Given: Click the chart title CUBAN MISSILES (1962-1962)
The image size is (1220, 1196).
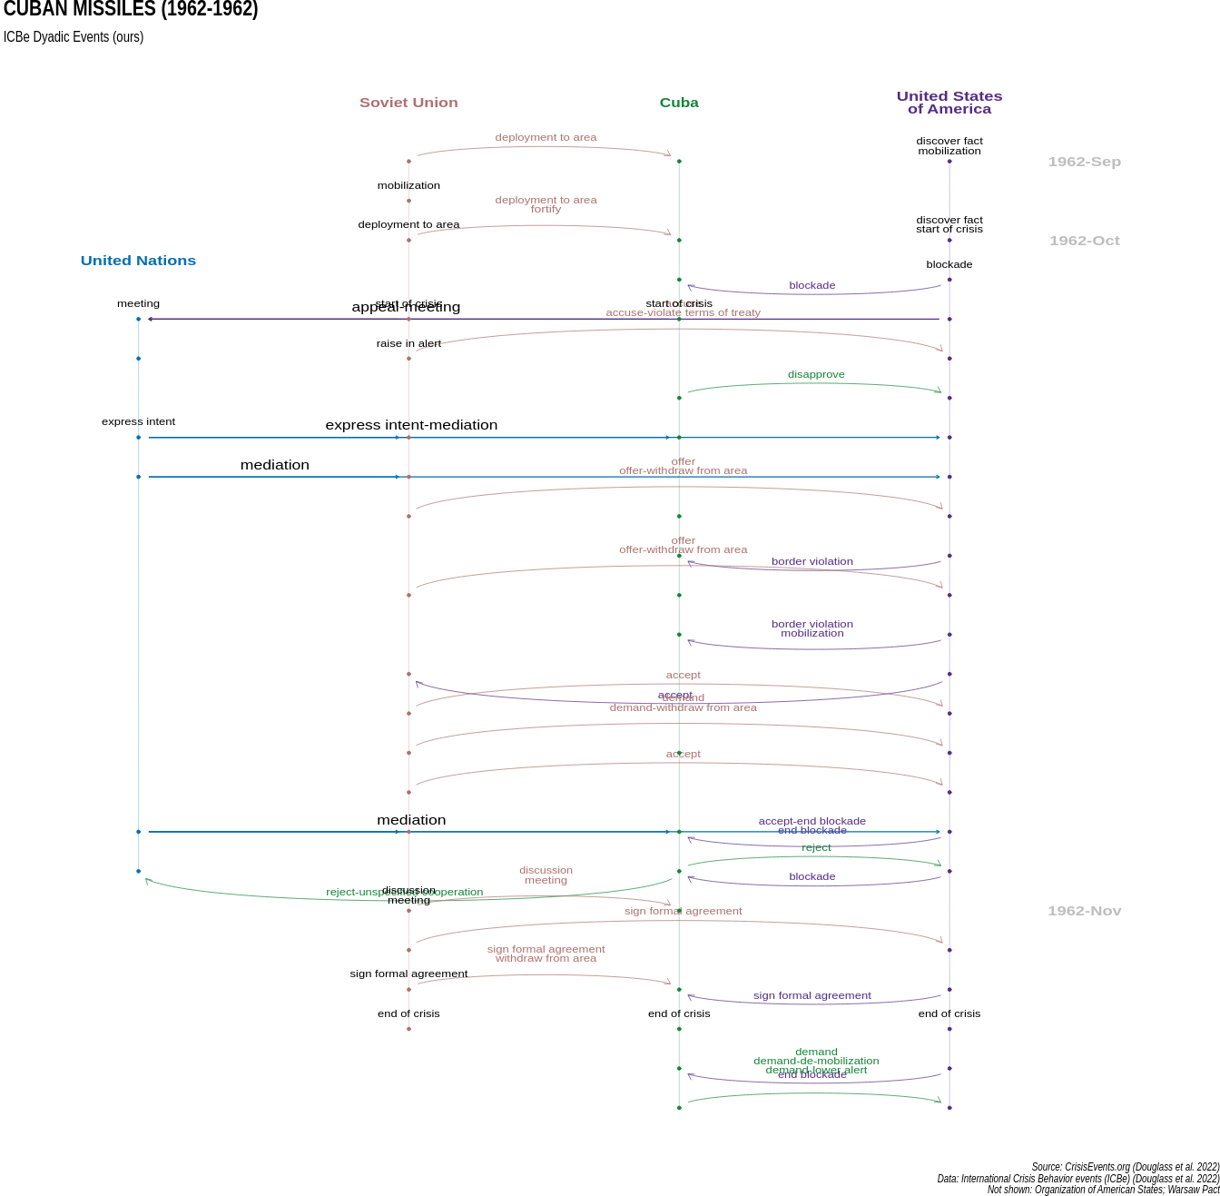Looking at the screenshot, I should coord(131,10).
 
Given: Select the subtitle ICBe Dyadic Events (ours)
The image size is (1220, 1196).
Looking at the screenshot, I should coord(74,37).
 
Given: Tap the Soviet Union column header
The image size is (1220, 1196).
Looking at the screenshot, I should coord(408,103).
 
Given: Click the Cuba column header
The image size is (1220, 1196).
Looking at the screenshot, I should coord(679,103).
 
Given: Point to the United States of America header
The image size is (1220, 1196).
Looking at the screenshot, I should coord(949,103).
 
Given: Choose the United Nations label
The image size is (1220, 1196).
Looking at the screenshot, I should coord(138,261).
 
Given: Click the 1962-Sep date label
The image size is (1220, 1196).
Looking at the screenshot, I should coord(1084,162).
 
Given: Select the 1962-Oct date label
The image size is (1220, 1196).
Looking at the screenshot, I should coord(1084,241).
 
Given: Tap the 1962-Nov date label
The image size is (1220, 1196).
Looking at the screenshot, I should coord(1084,911).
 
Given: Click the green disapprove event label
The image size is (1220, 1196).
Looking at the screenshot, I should coord(816,374).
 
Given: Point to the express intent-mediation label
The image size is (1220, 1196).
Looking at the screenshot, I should coord(411,425).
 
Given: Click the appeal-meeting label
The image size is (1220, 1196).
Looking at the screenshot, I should coord(406,307).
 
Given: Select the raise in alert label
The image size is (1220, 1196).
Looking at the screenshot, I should coord(408,343).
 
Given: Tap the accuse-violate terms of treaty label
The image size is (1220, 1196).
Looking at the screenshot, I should coord(683,312).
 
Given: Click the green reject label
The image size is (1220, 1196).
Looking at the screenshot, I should coord(816,847).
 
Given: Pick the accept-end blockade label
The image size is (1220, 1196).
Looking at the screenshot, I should coord(812,821).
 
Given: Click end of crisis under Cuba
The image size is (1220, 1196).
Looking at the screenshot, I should coord(679,1013).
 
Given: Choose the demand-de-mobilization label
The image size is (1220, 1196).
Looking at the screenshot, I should coord(816,1061).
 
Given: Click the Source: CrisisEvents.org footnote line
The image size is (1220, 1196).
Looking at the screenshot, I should coord(1125,1167).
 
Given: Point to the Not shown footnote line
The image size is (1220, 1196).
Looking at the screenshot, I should coord(1103,1190).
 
